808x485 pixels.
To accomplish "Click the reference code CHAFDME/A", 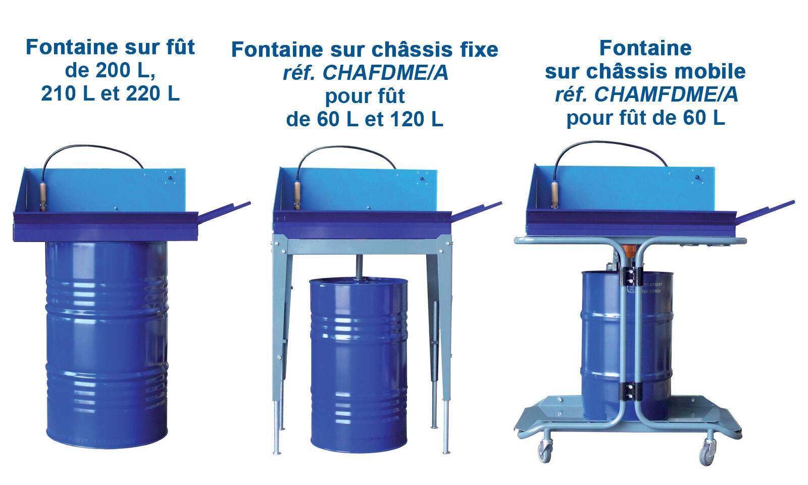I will pos(385,73).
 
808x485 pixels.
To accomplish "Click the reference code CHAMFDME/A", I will pos(666,94).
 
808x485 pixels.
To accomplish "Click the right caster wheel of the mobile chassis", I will pos(707,451).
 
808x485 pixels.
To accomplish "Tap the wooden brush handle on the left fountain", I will pos(43,194).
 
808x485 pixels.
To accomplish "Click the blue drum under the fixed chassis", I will pos(359,364).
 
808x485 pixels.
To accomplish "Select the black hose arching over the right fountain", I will pos(611,144).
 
